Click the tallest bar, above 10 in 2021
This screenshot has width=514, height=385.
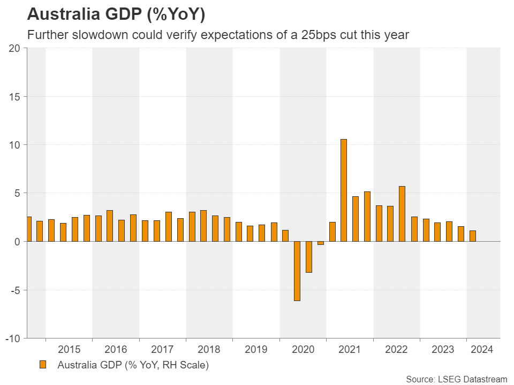tap(344, 190)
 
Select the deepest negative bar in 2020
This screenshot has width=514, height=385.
tap(297, 271)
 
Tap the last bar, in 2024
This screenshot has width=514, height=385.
tap(473, 236)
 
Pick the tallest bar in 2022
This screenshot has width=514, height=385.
tap(402, 214)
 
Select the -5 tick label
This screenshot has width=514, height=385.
tap(15, 290)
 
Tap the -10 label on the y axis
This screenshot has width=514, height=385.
tap(13, 338)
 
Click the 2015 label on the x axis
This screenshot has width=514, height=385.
tap(69, 350)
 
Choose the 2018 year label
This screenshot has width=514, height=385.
tap(209, 350)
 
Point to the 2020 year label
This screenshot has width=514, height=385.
tap(303, 350)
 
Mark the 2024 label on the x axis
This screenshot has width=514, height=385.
tap(481, 350)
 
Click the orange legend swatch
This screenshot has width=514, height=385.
tap(43, 365)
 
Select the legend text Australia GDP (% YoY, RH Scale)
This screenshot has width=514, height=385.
tap(133, 366)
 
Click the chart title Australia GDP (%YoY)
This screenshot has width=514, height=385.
tap(116, 15)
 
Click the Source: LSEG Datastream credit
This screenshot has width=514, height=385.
tap(456, 379)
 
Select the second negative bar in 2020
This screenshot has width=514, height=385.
tap(309, 257)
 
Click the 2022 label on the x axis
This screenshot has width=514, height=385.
tap(397, 350)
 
